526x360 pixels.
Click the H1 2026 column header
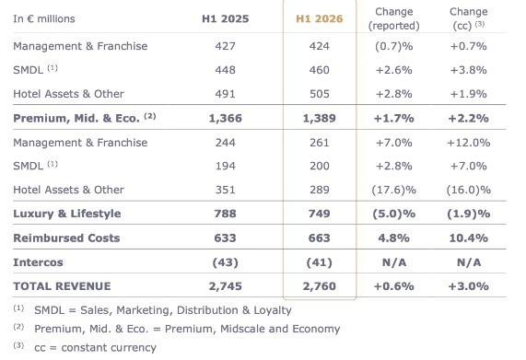click(319, 18)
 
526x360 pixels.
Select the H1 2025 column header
click(226, 18)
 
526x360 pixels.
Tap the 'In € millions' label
click(44, 18)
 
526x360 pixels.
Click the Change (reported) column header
click(394, 18)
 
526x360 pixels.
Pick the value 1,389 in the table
click(319, 118)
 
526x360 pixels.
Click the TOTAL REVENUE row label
click(62, 286)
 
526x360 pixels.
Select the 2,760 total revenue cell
click(319, 286)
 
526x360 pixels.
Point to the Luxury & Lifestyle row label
click(66, 214)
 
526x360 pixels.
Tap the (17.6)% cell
click(394, 190)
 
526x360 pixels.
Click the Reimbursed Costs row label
click(66, 238)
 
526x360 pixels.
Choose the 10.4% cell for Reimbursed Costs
click(469, 238)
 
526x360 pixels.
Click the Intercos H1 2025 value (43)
click(226, 262)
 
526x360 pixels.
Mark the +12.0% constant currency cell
click(469, 143)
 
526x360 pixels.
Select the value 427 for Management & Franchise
click(226, 46)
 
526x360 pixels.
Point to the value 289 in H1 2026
click(319, 190)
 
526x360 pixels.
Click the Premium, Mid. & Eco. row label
click(76, 118)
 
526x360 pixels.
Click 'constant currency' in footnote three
click(109, 348)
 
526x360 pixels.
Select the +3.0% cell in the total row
click(469, 286)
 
